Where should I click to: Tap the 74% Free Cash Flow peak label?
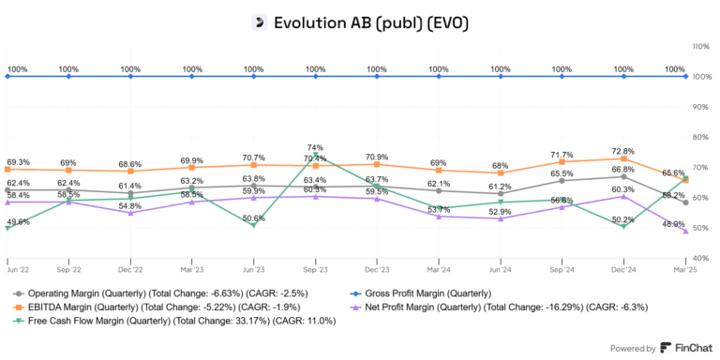click(315, 148)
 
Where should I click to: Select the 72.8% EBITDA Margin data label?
click(624, 151)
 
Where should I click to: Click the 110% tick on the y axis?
click(699, 45)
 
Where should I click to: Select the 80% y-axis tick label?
click(698, 137)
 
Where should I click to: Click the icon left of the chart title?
click(260, 22)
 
